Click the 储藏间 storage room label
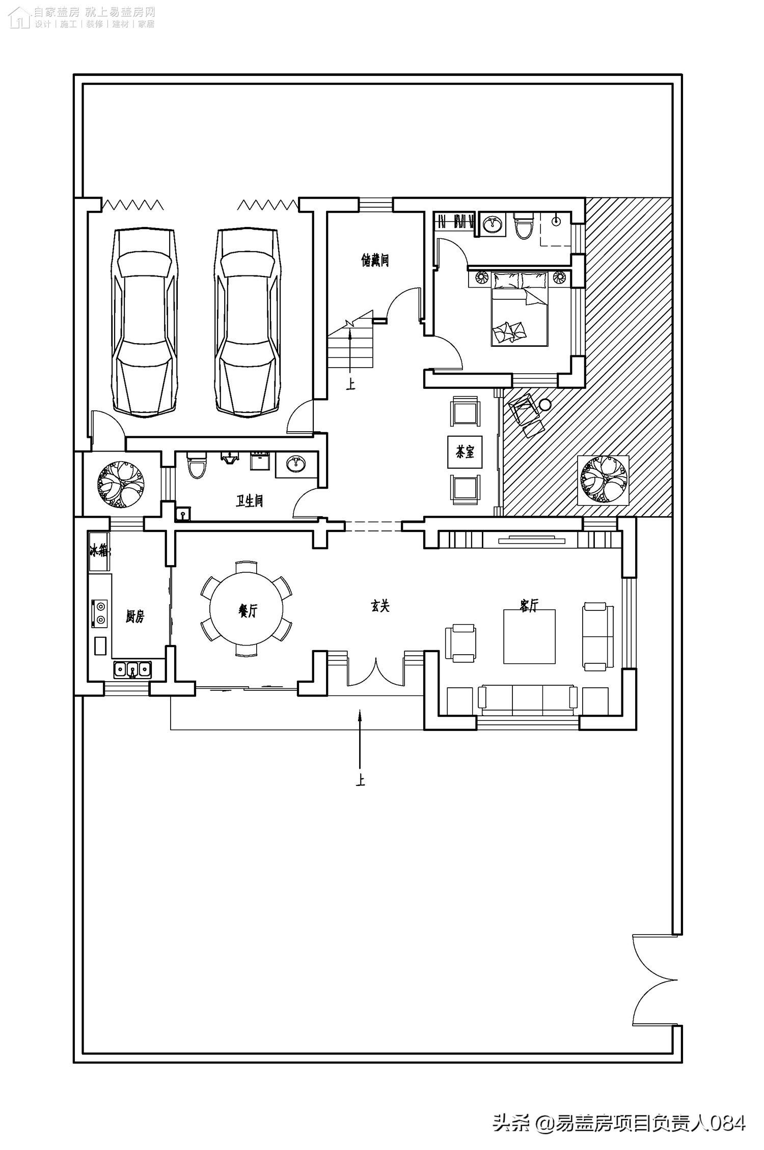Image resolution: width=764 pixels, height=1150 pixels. [375, 261]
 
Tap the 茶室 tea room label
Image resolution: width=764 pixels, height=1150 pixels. [465, 452]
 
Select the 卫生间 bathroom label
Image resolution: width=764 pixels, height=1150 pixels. [250, 501]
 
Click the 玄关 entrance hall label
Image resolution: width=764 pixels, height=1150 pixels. [380, 606]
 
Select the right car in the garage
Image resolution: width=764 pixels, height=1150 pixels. [248, 322]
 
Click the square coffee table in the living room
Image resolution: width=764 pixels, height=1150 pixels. [529, 636]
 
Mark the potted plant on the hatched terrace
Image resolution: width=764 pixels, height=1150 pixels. [603, 480]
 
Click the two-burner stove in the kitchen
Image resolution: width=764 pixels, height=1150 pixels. [100, 613]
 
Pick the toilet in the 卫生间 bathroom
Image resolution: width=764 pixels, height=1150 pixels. [197, 464]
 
